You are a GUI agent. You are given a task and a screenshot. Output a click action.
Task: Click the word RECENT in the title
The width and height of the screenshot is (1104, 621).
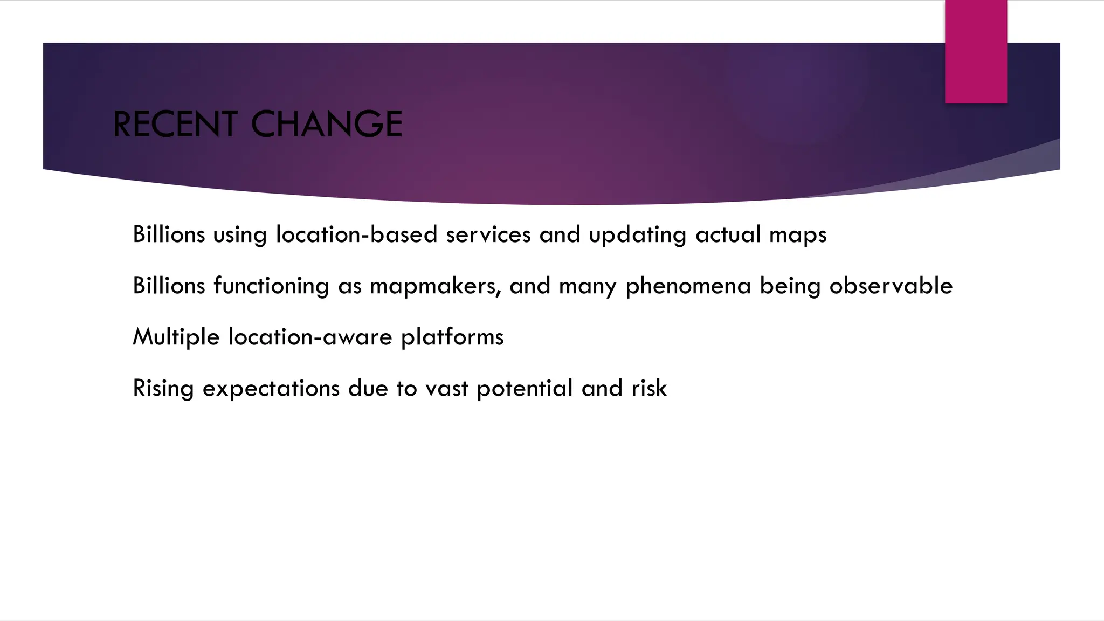(x=175, y=124)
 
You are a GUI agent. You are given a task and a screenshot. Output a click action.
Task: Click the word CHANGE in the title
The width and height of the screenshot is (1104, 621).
(x=327, y=124)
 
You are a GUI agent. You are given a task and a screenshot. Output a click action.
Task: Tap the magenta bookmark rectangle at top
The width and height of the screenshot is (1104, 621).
(x=976, y=51)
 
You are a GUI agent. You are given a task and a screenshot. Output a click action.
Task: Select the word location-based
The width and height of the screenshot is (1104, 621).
(x=356, y=234)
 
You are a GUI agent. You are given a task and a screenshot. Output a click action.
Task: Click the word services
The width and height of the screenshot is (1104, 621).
(x=488, y=234)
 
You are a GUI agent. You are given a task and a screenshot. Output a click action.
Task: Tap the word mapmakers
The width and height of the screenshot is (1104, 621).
(x=434, y=286)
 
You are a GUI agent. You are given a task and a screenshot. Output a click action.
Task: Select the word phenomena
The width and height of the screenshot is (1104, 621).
(x=688, y=286)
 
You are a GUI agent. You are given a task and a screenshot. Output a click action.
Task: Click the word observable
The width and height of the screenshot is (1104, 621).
(x=891, y=286)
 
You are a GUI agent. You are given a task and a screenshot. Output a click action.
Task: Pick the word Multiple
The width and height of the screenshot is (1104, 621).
(x=176, y=337)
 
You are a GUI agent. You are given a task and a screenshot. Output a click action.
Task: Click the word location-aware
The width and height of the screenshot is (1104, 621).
(x=310, y=337)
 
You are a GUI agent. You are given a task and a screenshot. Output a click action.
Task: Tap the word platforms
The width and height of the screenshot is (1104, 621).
(x=452, y=337)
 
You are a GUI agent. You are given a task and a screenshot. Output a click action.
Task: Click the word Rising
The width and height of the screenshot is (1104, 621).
(x=163, y=389)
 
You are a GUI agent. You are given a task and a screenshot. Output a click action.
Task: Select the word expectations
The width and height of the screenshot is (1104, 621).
(x=271, y=389)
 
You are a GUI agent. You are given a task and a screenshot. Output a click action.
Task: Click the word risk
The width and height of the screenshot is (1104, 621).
(x=649, y=388)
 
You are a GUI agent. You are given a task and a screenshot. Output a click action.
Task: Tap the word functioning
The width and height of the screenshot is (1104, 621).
(x=271, y=286)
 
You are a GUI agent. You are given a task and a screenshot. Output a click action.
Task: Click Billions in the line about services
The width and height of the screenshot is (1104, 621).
(x=169, y=234)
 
